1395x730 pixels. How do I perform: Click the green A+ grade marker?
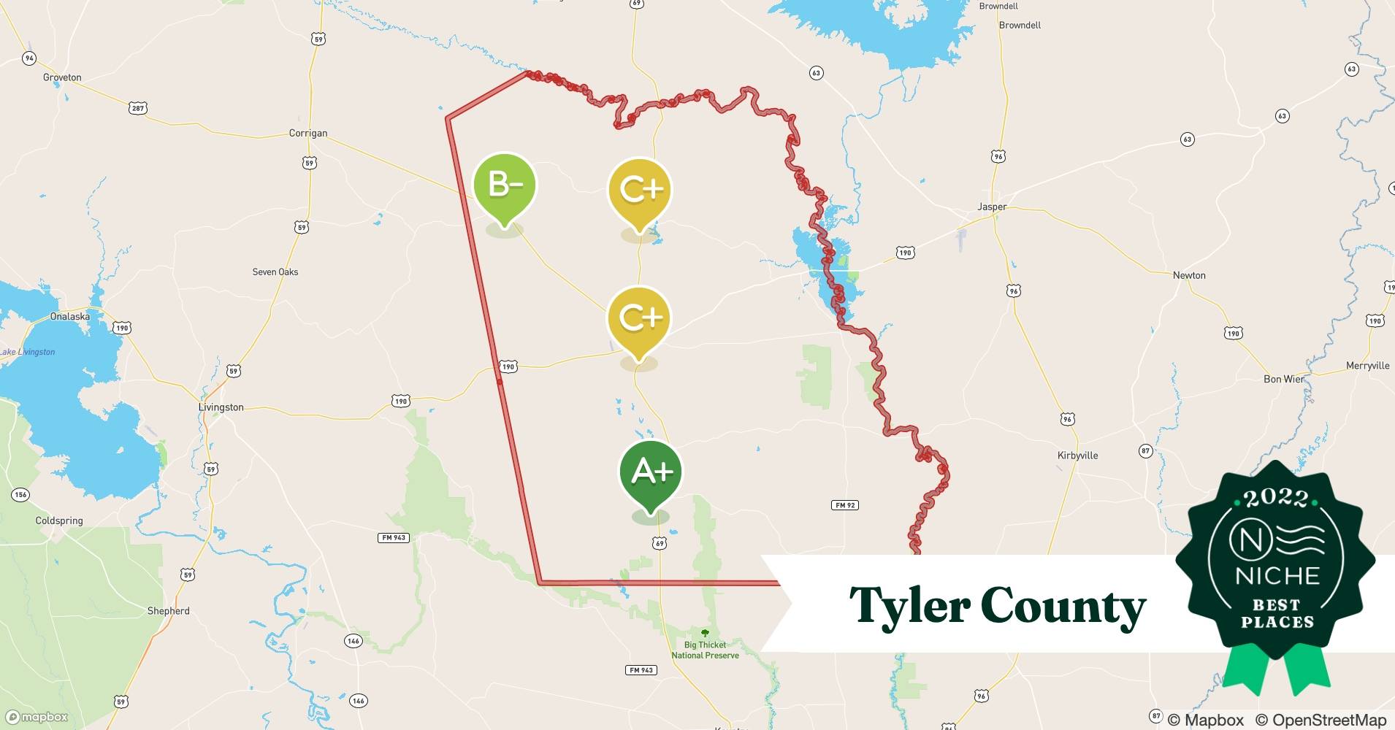coord(651,473)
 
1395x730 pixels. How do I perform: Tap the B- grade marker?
coord(505,185)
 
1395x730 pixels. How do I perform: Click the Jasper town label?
coord(992,207)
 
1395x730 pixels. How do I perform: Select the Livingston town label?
coord(221,407)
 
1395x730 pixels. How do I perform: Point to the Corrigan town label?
coord(308,134)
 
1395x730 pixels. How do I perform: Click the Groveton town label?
coord(62,77)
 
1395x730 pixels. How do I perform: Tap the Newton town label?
coord(1189,275)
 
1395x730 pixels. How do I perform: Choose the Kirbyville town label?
coord(1077,456)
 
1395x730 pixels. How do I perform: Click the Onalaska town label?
coord(70,317)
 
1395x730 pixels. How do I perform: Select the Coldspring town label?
coord(59,521)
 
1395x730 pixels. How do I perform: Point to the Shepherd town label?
coord(168,611)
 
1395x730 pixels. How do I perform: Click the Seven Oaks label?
coord(275,272)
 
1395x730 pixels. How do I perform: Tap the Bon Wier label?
coord(1284,379)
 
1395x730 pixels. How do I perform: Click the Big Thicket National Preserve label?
coord(705,650)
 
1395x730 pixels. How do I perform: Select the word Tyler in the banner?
coord(909,606)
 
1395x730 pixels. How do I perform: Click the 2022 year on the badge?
coord(1276,499)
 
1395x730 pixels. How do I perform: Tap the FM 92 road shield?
coord(844,505)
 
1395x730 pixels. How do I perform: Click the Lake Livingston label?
coord(28,352)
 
